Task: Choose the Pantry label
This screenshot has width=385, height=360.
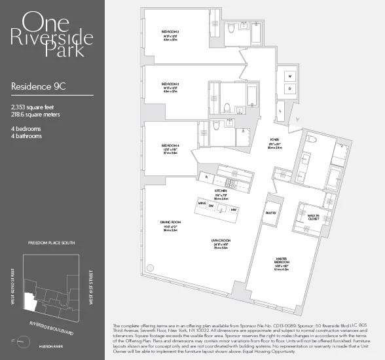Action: (x=271, y=212)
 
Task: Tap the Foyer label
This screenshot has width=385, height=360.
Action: (x=274, y=140)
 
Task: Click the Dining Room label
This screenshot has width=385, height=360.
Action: (x=170, y=223)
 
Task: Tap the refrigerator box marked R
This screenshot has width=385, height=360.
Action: (x=206, y=177)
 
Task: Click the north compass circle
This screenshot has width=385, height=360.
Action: (x=23, y=341)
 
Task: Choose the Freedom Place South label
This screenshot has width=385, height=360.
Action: (x=52, y=242)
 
